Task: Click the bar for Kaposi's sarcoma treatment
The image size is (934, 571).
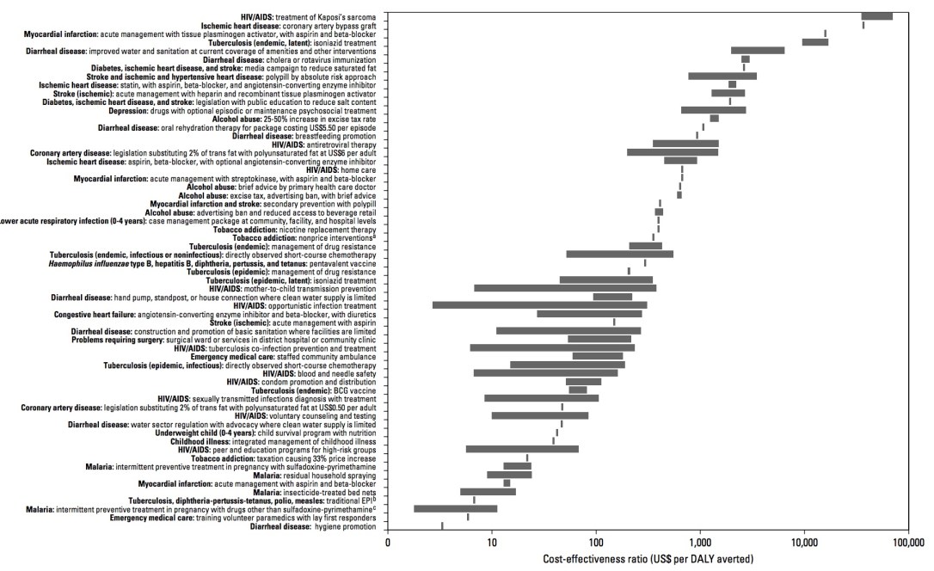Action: [876, 16]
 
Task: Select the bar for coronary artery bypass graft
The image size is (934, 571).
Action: [863, 25]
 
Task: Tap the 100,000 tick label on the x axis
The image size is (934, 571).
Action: [907, 543]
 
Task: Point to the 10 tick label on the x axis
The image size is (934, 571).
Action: [491, 543]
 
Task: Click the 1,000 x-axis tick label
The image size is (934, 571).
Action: [699, 543]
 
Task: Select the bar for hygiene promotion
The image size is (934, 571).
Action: [442, 525]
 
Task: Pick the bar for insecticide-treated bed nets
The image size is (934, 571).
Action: [488, 492]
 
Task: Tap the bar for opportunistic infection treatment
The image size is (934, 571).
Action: [539, 305]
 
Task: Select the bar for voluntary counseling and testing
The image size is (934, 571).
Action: [540, 415]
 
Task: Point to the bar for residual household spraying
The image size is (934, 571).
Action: [509, 475]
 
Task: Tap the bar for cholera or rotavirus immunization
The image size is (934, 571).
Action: [746, 59]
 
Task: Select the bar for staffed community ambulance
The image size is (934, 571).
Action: [598, 356]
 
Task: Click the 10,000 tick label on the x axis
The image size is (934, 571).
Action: [803, 543]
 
